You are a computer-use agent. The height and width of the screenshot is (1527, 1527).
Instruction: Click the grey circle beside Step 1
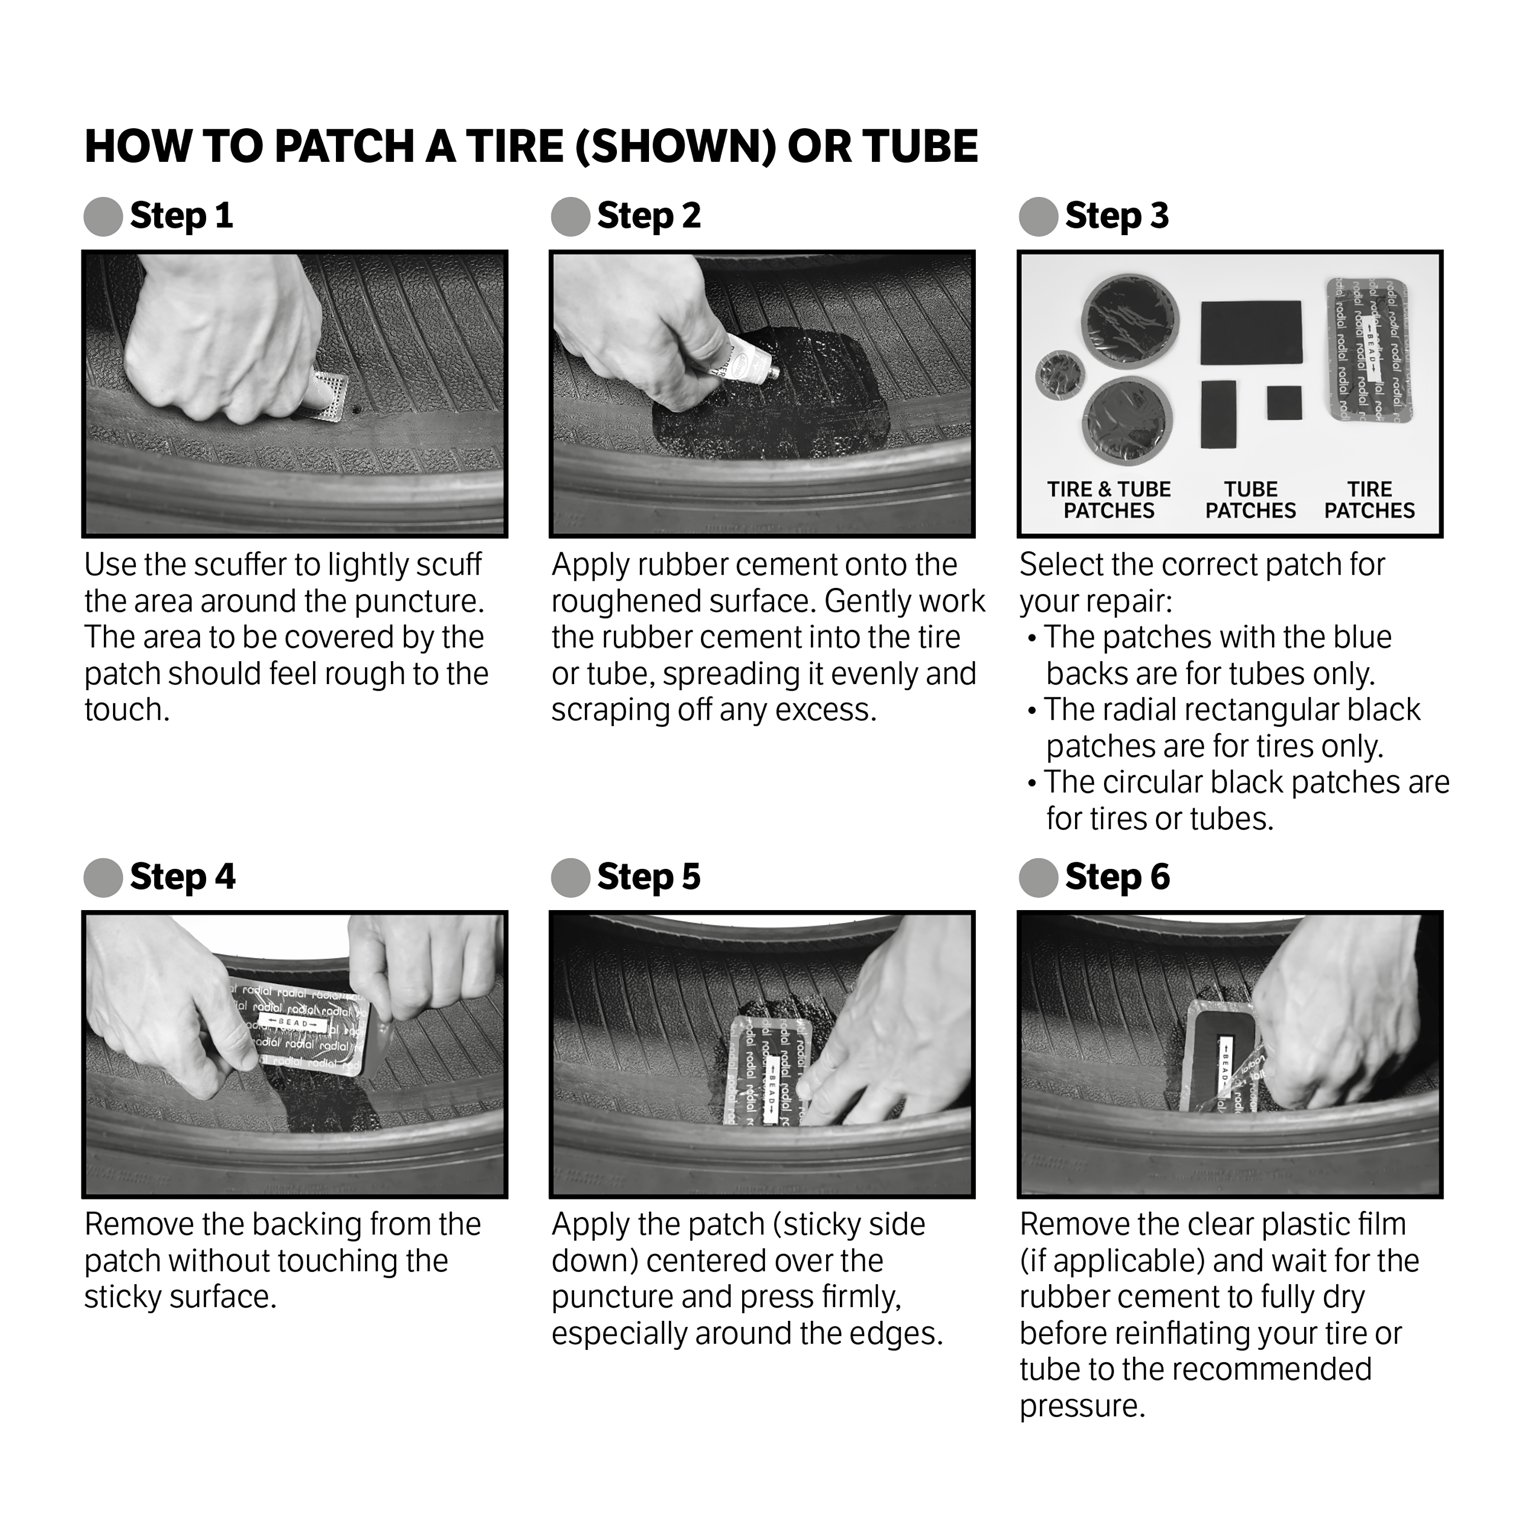click(x=103, y=216)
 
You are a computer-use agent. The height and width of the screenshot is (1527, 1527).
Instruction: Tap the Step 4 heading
click(x=183, y=878)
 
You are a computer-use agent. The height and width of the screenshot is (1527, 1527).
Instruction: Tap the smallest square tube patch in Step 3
click(x=1284, y=403)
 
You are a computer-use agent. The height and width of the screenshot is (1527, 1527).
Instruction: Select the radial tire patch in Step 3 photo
click(x=1368, y=349)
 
